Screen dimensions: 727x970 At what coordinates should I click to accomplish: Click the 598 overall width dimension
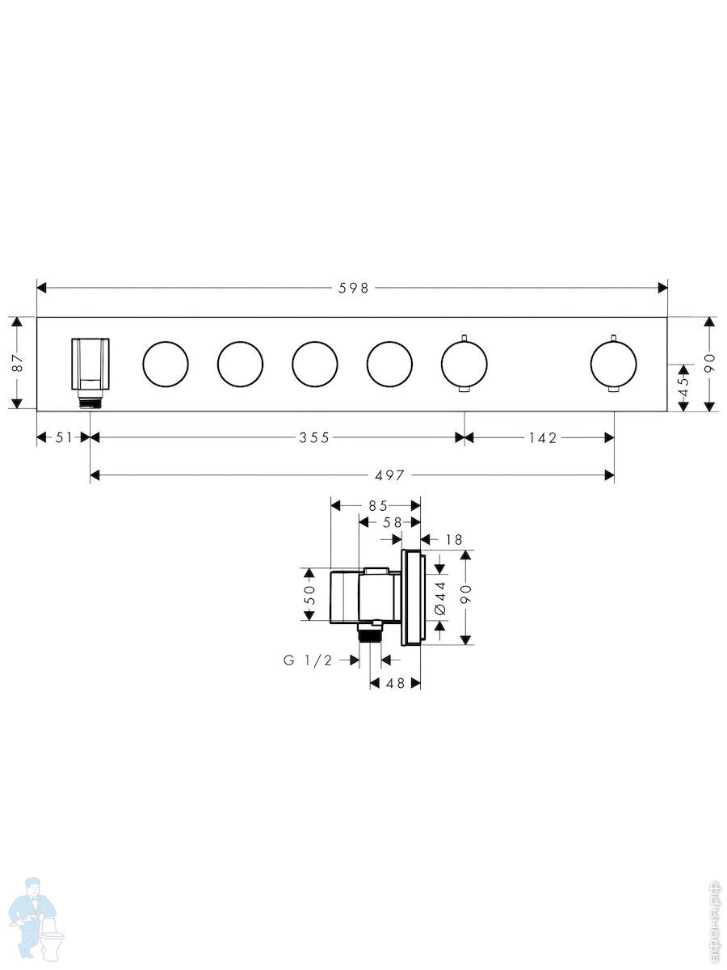coord(353,289)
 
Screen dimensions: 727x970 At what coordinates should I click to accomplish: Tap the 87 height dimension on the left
coord(18,363)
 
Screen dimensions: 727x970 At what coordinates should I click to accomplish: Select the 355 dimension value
coord(314,438)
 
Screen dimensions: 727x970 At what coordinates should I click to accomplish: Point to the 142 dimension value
coord(543,438)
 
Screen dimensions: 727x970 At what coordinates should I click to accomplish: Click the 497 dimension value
coord(389,475)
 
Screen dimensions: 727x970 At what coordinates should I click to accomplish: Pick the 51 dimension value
coord(64,438)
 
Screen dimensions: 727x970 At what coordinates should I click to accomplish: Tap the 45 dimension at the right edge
coord(683,386)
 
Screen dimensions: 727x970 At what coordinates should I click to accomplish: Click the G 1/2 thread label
coord(307,660)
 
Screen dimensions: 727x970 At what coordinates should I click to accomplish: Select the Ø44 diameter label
coord(440,598)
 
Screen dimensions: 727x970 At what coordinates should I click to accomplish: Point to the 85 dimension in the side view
coord(378,505)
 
